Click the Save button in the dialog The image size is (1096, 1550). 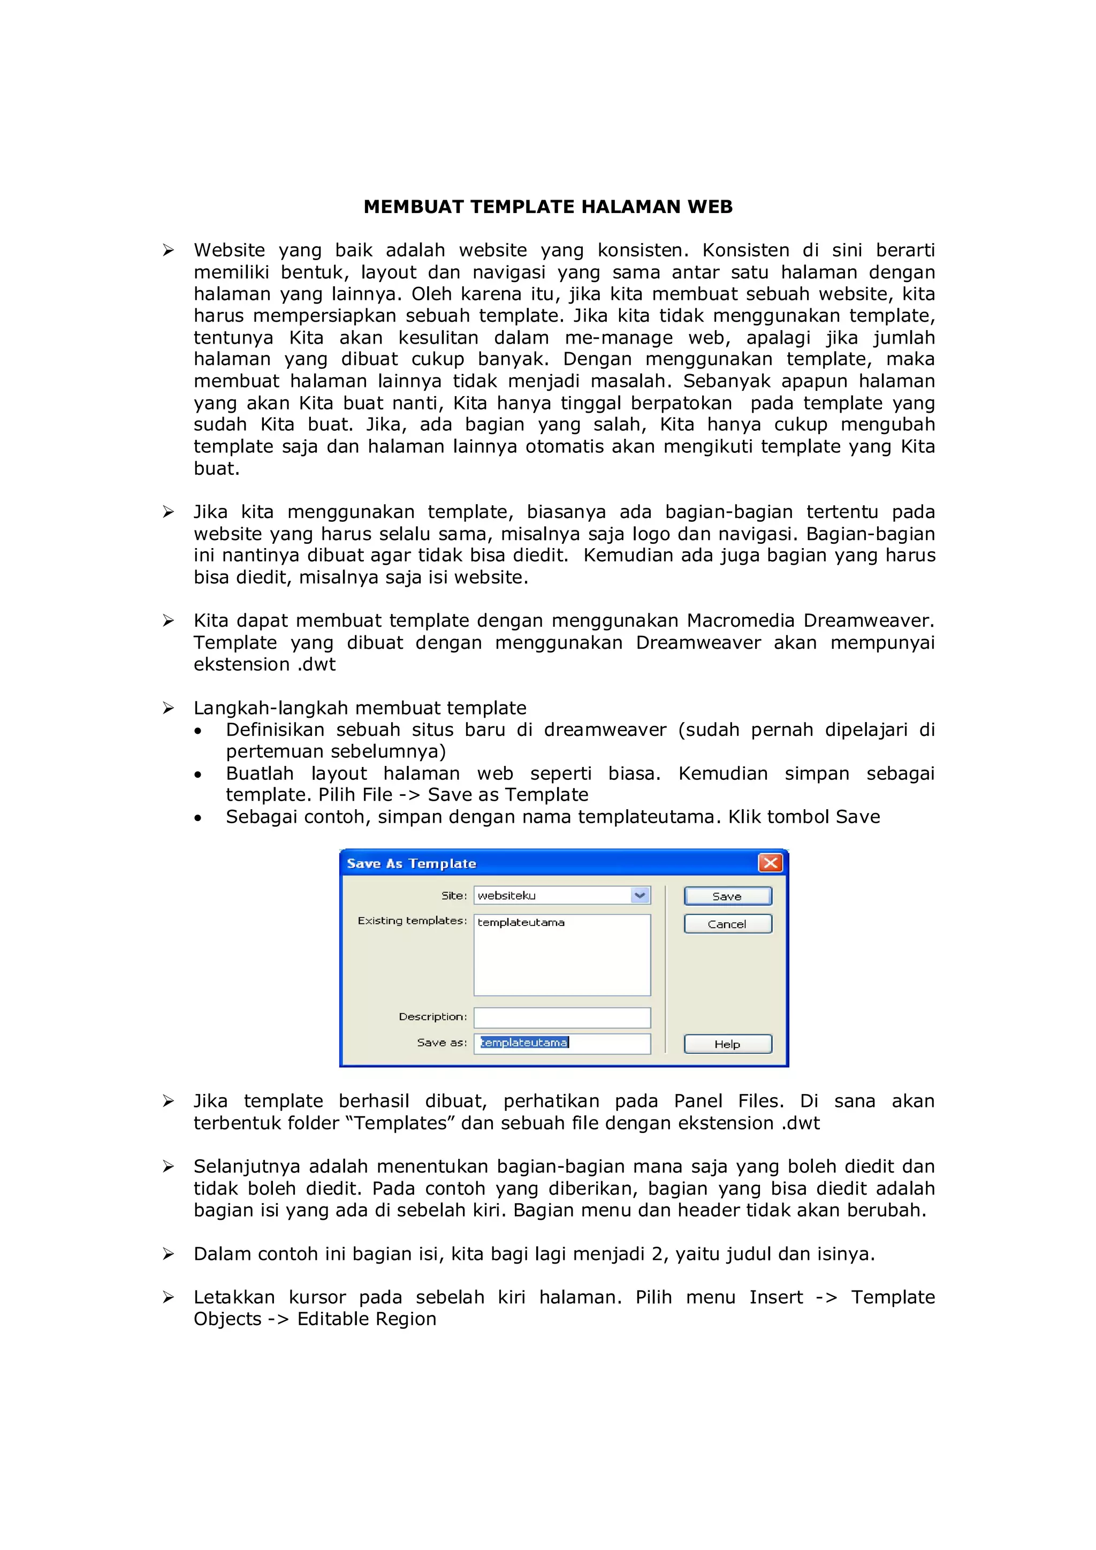pyautogui.click(x=727, y=896)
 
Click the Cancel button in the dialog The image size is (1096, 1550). pyautogui.click(x=727, y=923)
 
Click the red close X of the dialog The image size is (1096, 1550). pyautogui.click(x=770, y=863)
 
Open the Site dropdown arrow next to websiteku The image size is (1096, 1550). pyautogui.click(x=640, y=895)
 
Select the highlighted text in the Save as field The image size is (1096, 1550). pyautogui.click(x=524, y=1042)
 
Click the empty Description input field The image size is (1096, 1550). pyautogui.click(x=561, y=1017)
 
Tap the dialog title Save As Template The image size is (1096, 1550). pyautogui.click(x=411, y=863)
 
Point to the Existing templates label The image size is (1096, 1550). pyautogui.click(x=412, y=921)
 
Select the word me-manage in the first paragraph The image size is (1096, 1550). pyautogui.click(x=619, y=338)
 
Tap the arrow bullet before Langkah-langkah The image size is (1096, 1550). pyautogui.click(x=168, y=708)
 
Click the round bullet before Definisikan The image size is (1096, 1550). pyautogui.click(x=197, y=731)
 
